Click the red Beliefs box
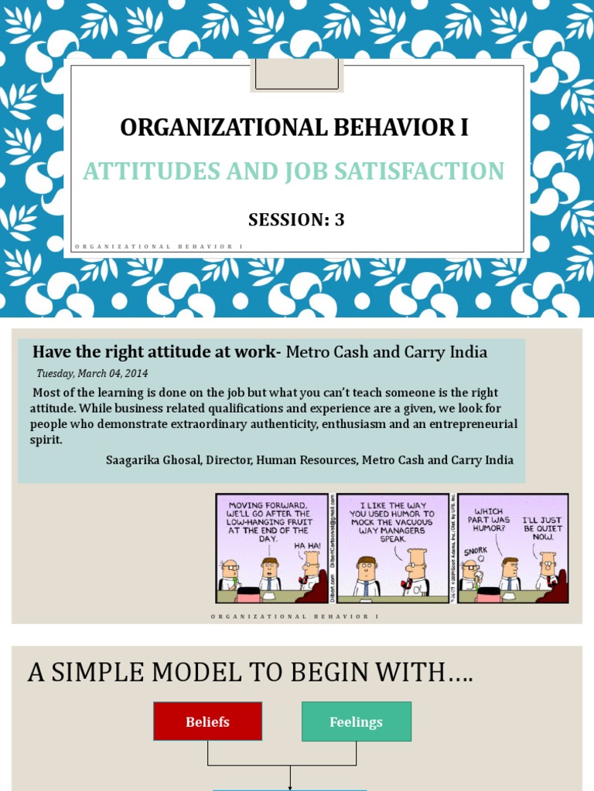click(x=207, y=721)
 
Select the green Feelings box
click(x=356, y=721)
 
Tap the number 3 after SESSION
click(x=339, y=219)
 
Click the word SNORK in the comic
click(x=474, y=552)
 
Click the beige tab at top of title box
click(x=297, y=76)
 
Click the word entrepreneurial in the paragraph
click(x=473, y=424)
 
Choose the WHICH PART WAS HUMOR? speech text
click(x=488, y=521)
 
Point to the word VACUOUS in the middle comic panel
click(x=401, y=522)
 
